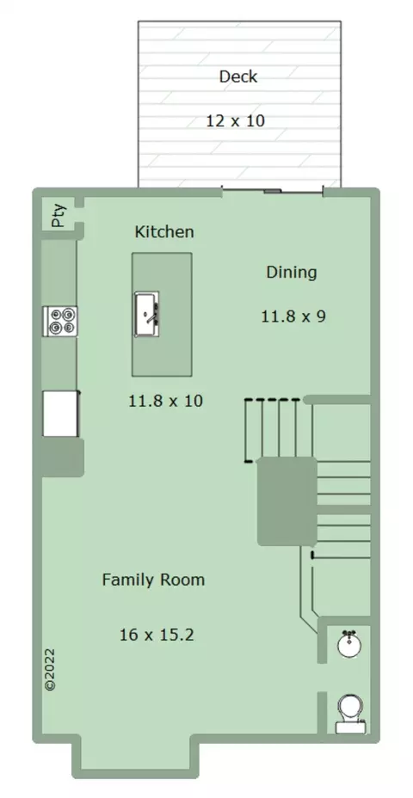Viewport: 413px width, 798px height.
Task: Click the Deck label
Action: coord(237,77)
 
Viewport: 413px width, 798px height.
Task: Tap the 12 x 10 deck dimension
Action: coord(235,121)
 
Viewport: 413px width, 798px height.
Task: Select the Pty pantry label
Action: coord(59,216)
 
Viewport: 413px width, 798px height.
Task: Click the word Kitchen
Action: coord(164,231)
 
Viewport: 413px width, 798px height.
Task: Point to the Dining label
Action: coord(292,273)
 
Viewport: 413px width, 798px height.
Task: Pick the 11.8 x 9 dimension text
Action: coord(293,316)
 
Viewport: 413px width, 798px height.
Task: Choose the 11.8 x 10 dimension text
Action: coord(165,401)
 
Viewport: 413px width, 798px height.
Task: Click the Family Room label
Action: coord(153,580)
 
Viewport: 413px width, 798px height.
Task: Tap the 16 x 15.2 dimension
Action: coord(157,635)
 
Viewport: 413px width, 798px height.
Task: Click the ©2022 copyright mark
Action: coord(50,669)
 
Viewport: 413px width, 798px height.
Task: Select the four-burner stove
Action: coord(60,321)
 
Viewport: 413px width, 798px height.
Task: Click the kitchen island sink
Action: coord(146,314)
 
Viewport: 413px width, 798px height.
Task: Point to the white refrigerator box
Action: coord(60,414)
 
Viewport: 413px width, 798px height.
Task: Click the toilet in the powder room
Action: coord(350,714)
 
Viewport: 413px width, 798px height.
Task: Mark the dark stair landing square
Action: coord(287,501)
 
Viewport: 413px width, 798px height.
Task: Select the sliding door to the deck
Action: coord(273,192)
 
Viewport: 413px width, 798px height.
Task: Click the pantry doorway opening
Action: coord(79,215)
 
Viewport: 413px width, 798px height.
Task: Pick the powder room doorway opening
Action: coord(322,677)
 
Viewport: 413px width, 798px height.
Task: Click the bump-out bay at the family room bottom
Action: coord(135,752)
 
